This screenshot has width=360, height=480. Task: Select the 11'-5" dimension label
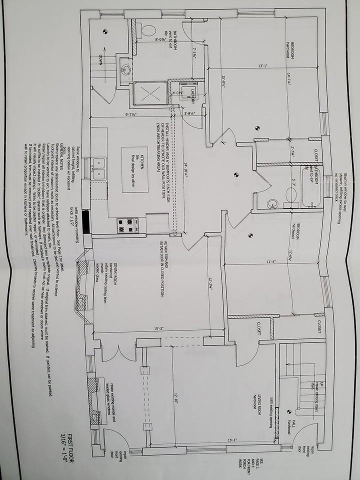(271, 261)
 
